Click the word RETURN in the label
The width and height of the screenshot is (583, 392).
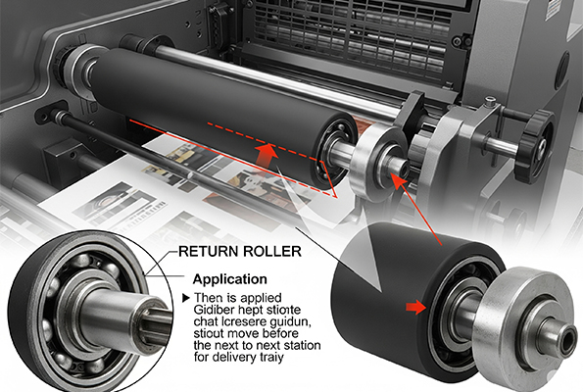[x=208, y=252]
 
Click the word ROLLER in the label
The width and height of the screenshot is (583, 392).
[x=271, y=252]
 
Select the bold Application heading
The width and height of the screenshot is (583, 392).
[x=230, y=279]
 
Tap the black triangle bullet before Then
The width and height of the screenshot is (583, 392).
[x=186, y=298]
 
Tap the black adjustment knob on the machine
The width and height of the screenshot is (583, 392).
[x=536, y=143]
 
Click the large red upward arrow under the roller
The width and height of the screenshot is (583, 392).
[x=267, y=156]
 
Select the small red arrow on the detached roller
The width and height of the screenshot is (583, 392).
[x=416, y=307]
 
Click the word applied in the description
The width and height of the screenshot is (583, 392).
[x=261, y=298]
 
